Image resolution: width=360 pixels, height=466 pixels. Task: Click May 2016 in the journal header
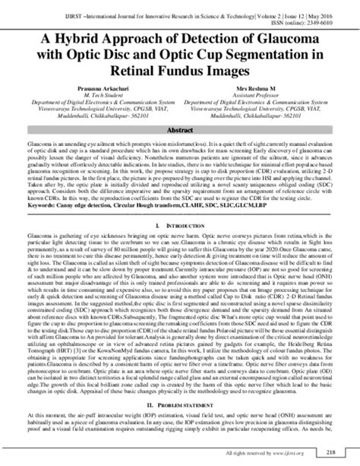336,5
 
